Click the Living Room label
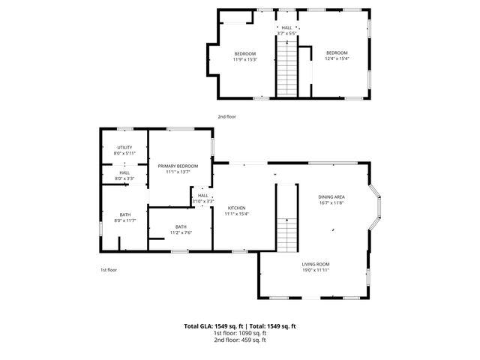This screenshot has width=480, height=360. pos(316,264)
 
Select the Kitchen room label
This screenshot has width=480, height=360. pos(236,208)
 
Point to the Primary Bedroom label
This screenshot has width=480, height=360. pos(178,166)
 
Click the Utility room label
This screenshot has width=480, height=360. pos(124,147)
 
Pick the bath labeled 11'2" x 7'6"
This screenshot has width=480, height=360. pos(181,227)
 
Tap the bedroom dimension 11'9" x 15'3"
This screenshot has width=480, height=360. pos(244,59)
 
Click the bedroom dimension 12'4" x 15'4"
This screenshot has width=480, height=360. pos(337,58)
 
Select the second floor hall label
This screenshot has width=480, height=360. pos(286,28)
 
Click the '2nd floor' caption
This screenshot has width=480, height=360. pos(226,117)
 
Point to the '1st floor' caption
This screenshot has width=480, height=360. pos(109,270)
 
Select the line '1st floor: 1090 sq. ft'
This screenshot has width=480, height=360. pos(240,333)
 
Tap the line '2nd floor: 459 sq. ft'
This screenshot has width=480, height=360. pos(240,340)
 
